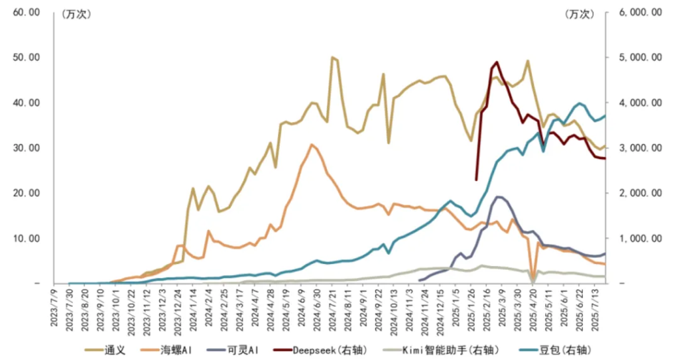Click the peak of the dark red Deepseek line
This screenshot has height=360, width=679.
[496, 62]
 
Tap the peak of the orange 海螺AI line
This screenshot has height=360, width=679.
[312, 145]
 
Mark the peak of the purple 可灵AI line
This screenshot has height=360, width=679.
[499, 196]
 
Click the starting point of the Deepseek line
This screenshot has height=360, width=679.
[476, 180]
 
